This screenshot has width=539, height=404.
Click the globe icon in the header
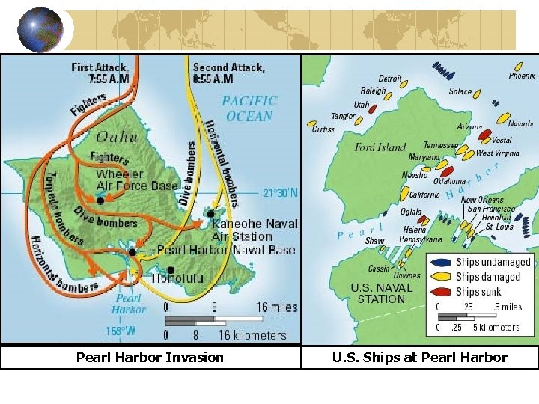[x=40, y=30]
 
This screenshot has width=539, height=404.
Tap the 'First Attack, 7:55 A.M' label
[x=100, y=73]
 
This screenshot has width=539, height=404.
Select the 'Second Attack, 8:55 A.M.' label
[x=228, y=73]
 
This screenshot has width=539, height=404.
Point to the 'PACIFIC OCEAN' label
[x=249, y=108]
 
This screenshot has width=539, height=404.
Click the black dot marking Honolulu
[x=171, y=269]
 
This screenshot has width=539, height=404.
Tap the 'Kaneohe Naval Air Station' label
[x=254, y=230]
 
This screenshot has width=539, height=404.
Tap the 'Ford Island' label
[x=380, y=147]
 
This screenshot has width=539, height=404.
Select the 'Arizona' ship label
[x=469, y=127]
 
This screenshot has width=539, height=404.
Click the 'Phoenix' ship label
[x=522, y=76]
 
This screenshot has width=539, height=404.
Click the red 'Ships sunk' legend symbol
[x=442, y=292]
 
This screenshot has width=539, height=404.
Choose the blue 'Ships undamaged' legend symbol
[x=442, y=262]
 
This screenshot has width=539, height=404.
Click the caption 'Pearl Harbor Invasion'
[x=150, y=358]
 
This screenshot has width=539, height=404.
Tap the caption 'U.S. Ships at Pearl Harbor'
[x=419, y=358]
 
